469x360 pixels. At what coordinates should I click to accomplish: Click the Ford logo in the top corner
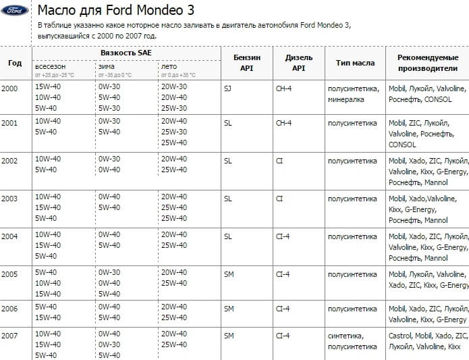[x=14, y=11]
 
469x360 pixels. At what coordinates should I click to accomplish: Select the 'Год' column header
[x=15, y=63]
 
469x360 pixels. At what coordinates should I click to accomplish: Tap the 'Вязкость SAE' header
[x=126, y=52]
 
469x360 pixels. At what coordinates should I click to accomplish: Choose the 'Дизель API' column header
[x=299, y=63]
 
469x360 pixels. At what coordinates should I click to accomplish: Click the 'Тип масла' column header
[x=355, y=63]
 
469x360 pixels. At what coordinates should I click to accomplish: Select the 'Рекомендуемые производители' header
[x=427, y=63]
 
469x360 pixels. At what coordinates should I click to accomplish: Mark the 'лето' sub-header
[x=169, y=67]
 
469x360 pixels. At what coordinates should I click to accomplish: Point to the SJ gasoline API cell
[x=227, y=87]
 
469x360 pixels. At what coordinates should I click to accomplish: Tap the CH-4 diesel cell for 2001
[x=283, y=122]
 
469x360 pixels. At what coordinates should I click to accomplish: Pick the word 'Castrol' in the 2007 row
[x=400, y=336]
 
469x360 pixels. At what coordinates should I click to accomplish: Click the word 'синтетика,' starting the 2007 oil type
[x=346, y=336]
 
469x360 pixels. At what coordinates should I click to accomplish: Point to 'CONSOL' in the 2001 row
[x=403, y=145]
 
